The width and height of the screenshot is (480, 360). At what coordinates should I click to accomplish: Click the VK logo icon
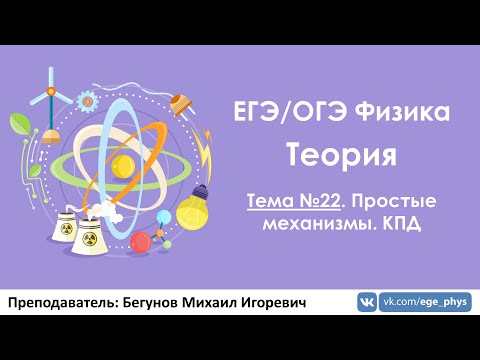367,302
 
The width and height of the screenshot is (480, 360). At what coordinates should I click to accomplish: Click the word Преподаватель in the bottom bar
61,302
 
